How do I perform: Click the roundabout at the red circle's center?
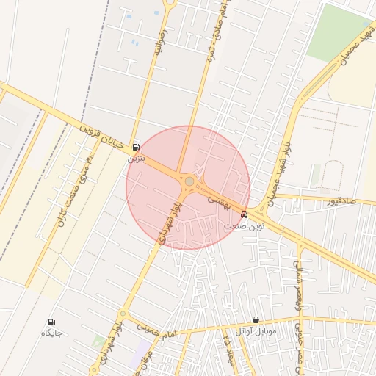point(189,181)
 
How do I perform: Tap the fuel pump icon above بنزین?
point(136,147)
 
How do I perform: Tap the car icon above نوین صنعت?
point(244,215)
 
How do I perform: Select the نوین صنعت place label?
point(244,226)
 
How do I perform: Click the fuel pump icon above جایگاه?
point(51,322)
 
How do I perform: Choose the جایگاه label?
point(51,333)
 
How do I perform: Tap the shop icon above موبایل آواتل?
point(255,319)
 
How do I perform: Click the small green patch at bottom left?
point(98,341)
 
